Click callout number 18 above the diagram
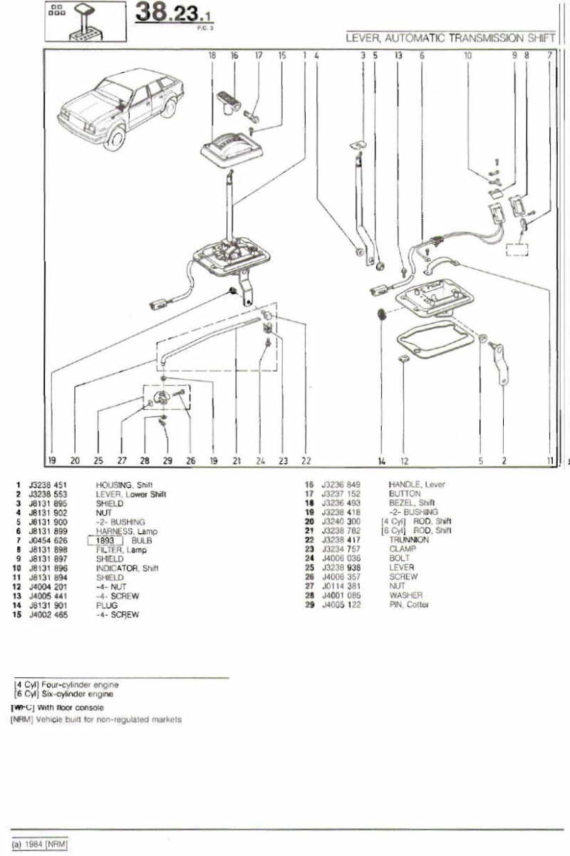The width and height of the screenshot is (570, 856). tap(212, 55)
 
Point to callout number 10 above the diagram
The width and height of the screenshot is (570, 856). tap(468, 55)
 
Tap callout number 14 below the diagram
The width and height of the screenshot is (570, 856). tap(382, 461)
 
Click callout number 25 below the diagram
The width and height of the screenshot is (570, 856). tap(98, 461)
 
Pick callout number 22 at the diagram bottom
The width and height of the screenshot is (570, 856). tap(306, 461)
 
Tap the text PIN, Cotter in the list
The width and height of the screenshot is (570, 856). tap(409, 604)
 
